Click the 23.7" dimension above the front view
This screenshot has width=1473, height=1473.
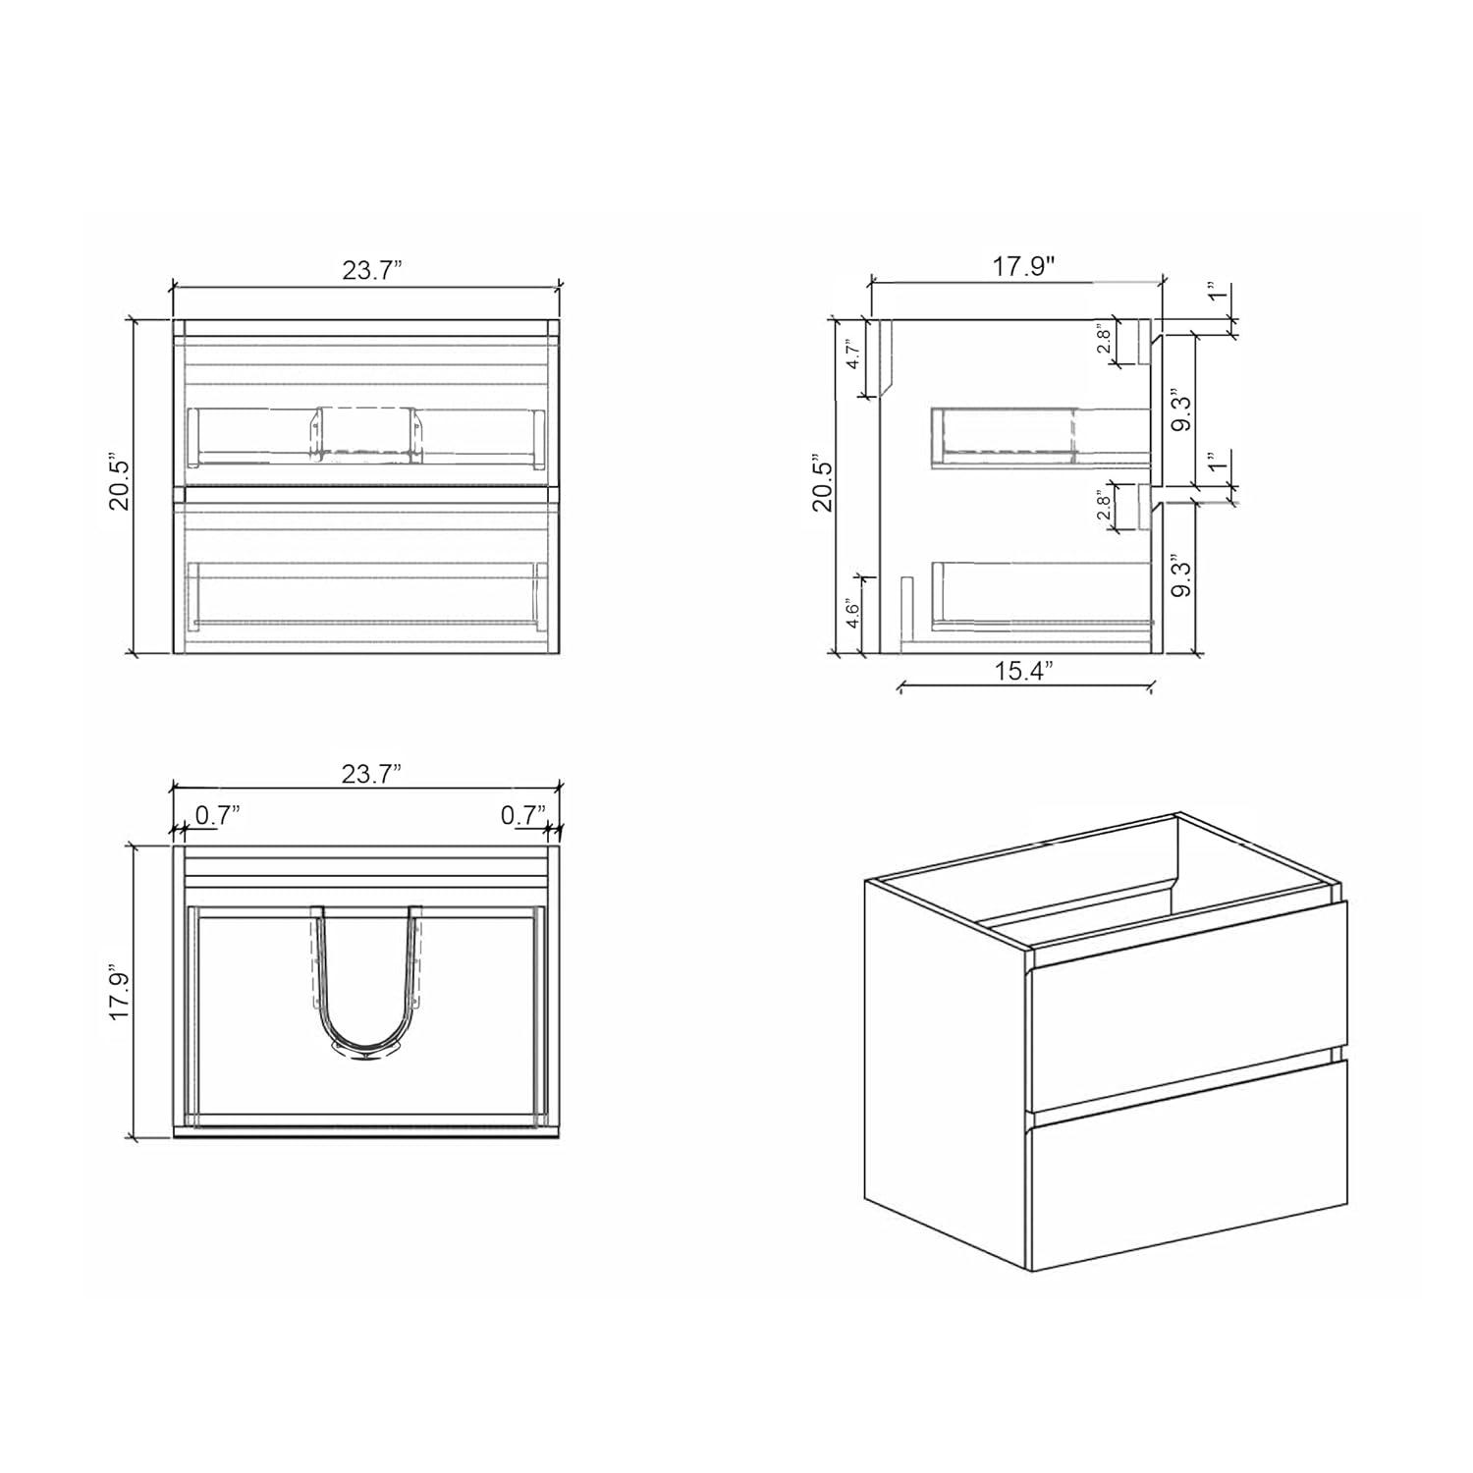pyautogui.click(x=372, y=271)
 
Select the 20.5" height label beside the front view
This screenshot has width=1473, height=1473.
pyautogui.click(x=120, y=482)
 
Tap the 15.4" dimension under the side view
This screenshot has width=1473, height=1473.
pyautogui.click(x=1023, y=671)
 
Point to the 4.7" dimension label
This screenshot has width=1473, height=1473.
pyautogui.click(x=852, y=354)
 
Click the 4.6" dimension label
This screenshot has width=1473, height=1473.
pyautogui.click(x=852, y=614)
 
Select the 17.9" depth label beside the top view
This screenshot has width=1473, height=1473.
pyautogui.click(x=120, y=994)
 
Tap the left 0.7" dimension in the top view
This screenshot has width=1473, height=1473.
pyautogui.click(x=217, y=814)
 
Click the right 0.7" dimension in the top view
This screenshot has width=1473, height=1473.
pyautogui.click(x=522, y=814)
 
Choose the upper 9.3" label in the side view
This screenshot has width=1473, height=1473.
pyautogui.click(x=1182, y=412)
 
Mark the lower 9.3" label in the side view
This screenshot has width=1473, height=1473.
pyautogui.click(x=1182, y=577)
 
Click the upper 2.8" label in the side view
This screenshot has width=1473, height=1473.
pyautogui.click(x=1104, y=340)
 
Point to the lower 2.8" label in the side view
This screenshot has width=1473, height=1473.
pyautogui.click(x=1104, y=507)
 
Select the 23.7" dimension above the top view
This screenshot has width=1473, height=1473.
pyautogui.click(x=372, y=774)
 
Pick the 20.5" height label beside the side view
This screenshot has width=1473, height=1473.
pyautogui.click(x=821, y=482)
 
